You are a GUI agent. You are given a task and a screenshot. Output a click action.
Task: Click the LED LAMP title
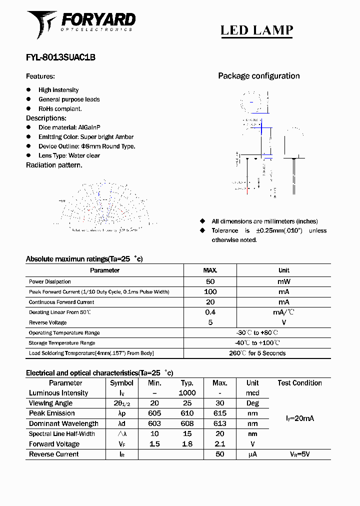(x=256, y=30)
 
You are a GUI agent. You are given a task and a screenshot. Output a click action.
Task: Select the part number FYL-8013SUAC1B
(x=60, y=57)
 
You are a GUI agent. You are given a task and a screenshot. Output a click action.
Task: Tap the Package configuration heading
(x=258, y=76)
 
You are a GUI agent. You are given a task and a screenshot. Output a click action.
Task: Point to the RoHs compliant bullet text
(x=60, y=108)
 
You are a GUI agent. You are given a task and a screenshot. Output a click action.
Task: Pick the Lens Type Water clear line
(x=69, y=155)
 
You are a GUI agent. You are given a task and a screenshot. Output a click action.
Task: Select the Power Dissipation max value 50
(x=210, y=281)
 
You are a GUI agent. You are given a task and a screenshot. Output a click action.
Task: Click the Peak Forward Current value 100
(x=210, y=291)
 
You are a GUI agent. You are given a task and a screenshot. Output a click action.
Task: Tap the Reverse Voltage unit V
(x=283, y=322)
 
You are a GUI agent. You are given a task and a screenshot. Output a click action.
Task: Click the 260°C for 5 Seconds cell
(x=257, y=353)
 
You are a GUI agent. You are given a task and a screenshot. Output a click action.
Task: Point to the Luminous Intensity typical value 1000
(x=187, y=393)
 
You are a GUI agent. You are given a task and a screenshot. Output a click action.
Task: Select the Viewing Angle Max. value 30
(x=219, y=403)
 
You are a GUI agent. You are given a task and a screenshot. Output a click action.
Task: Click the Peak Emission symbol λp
(x=121, y=413)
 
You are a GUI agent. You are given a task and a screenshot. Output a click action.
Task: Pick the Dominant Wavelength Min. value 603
(x=154, y=423)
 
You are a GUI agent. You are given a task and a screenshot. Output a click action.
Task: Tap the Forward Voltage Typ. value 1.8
(x=187, y=444)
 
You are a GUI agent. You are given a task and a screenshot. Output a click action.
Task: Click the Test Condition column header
(x=299, y=383)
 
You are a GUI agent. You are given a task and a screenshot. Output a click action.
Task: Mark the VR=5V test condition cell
(x=299, y=454)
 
